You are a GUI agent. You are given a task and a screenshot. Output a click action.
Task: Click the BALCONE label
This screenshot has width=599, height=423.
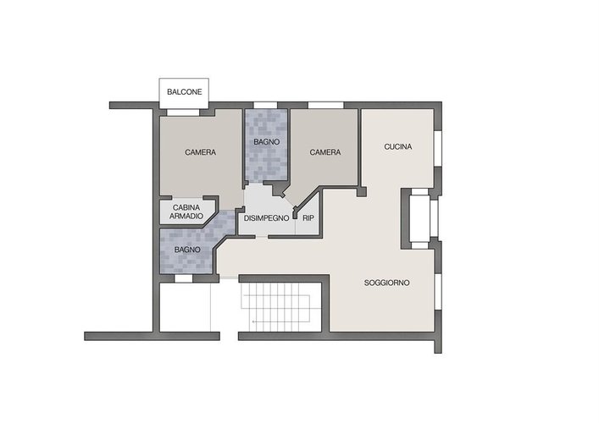[x=185, y=92]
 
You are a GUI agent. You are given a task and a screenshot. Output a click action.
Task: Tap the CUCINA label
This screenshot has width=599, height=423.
[x=398, y=146]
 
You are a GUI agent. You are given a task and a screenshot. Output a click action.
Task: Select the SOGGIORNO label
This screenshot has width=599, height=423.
[x=386, y=283]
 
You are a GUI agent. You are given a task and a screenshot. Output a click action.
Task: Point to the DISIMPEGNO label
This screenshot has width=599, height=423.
[x=266, y=218]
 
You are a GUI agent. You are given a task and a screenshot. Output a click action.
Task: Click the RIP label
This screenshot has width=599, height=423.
[x=308, y=218]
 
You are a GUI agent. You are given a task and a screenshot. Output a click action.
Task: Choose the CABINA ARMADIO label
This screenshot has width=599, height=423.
[x=186, y=212]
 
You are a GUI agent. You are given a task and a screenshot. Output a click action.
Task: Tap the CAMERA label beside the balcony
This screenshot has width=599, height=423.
[x=201, y=152]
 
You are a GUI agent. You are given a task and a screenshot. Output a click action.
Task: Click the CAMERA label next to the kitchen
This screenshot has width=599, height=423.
[x=325, y=152]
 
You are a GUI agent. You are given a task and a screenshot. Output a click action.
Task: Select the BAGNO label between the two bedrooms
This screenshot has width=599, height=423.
[x=267, y=142]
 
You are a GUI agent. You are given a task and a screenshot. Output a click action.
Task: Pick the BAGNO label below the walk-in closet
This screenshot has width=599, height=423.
[x=187, y=250]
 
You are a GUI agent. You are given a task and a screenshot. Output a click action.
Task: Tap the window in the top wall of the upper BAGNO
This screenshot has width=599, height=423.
[x=265, y=105]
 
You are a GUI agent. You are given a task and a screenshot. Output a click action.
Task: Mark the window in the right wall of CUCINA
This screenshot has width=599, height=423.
[x=438, y=149]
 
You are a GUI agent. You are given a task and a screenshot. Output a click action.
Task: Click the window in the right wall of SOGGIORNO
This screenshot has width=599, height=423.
[x=438, y=291]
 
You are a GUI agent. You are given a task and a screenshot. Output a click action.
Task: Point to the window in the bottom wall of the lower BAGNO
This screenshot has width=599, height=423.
[x=183, y=278]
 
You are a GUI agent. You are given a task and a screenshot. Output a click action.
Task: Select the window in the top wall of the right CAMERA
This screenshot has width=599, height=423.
[x=325, y=105]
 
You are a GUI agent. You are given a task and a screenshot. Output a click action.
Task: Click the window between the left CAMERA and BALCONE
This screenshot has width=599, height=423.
[x=183, y=113]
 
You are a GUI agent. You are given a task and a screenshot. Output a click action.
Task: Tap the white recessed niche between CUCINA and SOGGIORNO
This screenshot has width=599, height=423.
[x=420, y=218]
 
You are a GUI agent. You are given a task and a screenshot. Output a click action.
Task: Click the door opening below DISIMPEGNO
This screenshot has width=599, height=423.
[x=261, y=237]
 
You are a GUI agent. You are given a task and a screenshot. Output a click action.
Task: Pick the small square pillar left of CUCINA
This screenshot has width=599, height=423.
[x=362, y=191]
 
